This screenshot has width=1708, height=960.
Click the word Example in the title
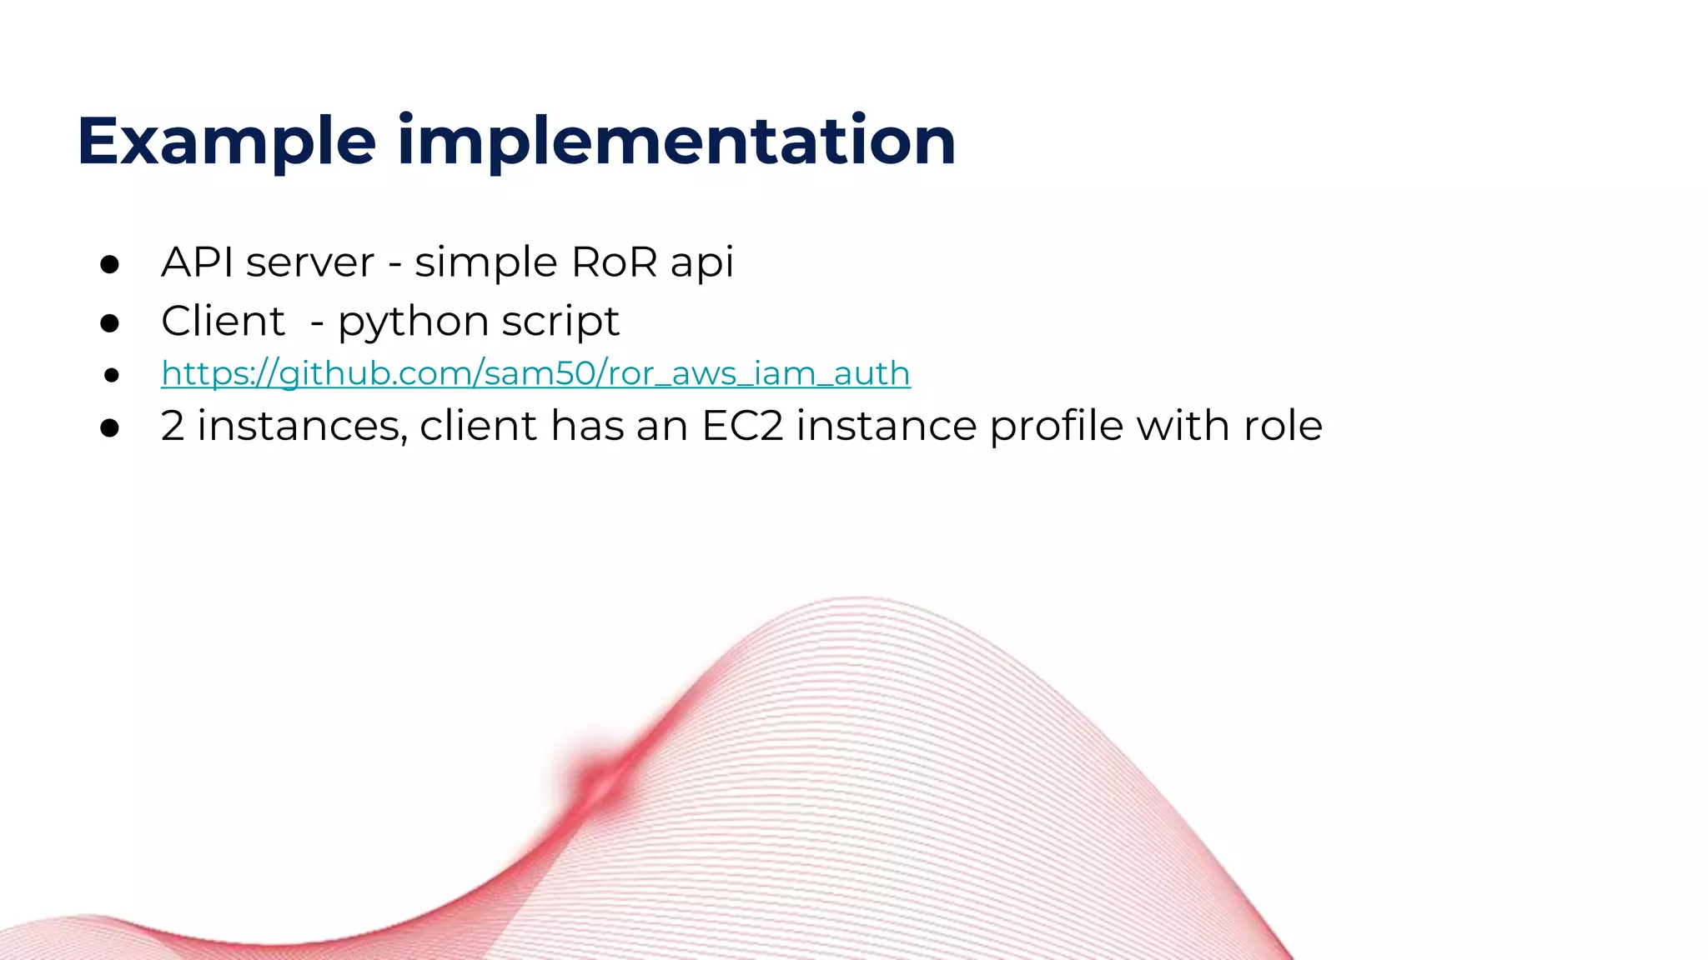click(226, 142)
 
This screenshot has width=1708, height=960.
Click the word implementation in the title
click(676, 142)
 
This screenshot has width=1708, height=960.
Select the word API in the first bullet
click(197, 262)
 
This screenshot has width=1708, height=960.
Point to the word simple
click(485, 264)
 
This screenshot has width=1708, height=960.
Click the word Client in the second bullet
click(223, 321)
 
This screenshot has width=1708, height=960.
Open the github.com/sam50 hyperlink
click(535, 373)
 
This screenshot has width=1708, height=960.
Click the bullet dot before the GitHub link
click(111, 376)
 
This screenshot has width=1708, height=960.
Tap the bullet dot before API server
click(109, 265)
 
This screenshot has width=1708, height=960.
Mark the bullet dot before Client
click(109, 323)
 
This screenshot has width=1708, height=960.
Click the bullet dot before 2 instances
click(109, 428)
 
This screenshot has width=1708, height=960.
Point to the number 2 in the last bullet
click(172, 426)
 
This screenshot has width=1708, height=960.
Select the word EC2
click(742, 426)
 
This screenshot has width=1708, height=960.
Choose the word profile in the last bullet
click(1057, 427)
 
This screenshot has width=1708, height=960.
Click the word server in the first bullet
click(310, 263)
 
